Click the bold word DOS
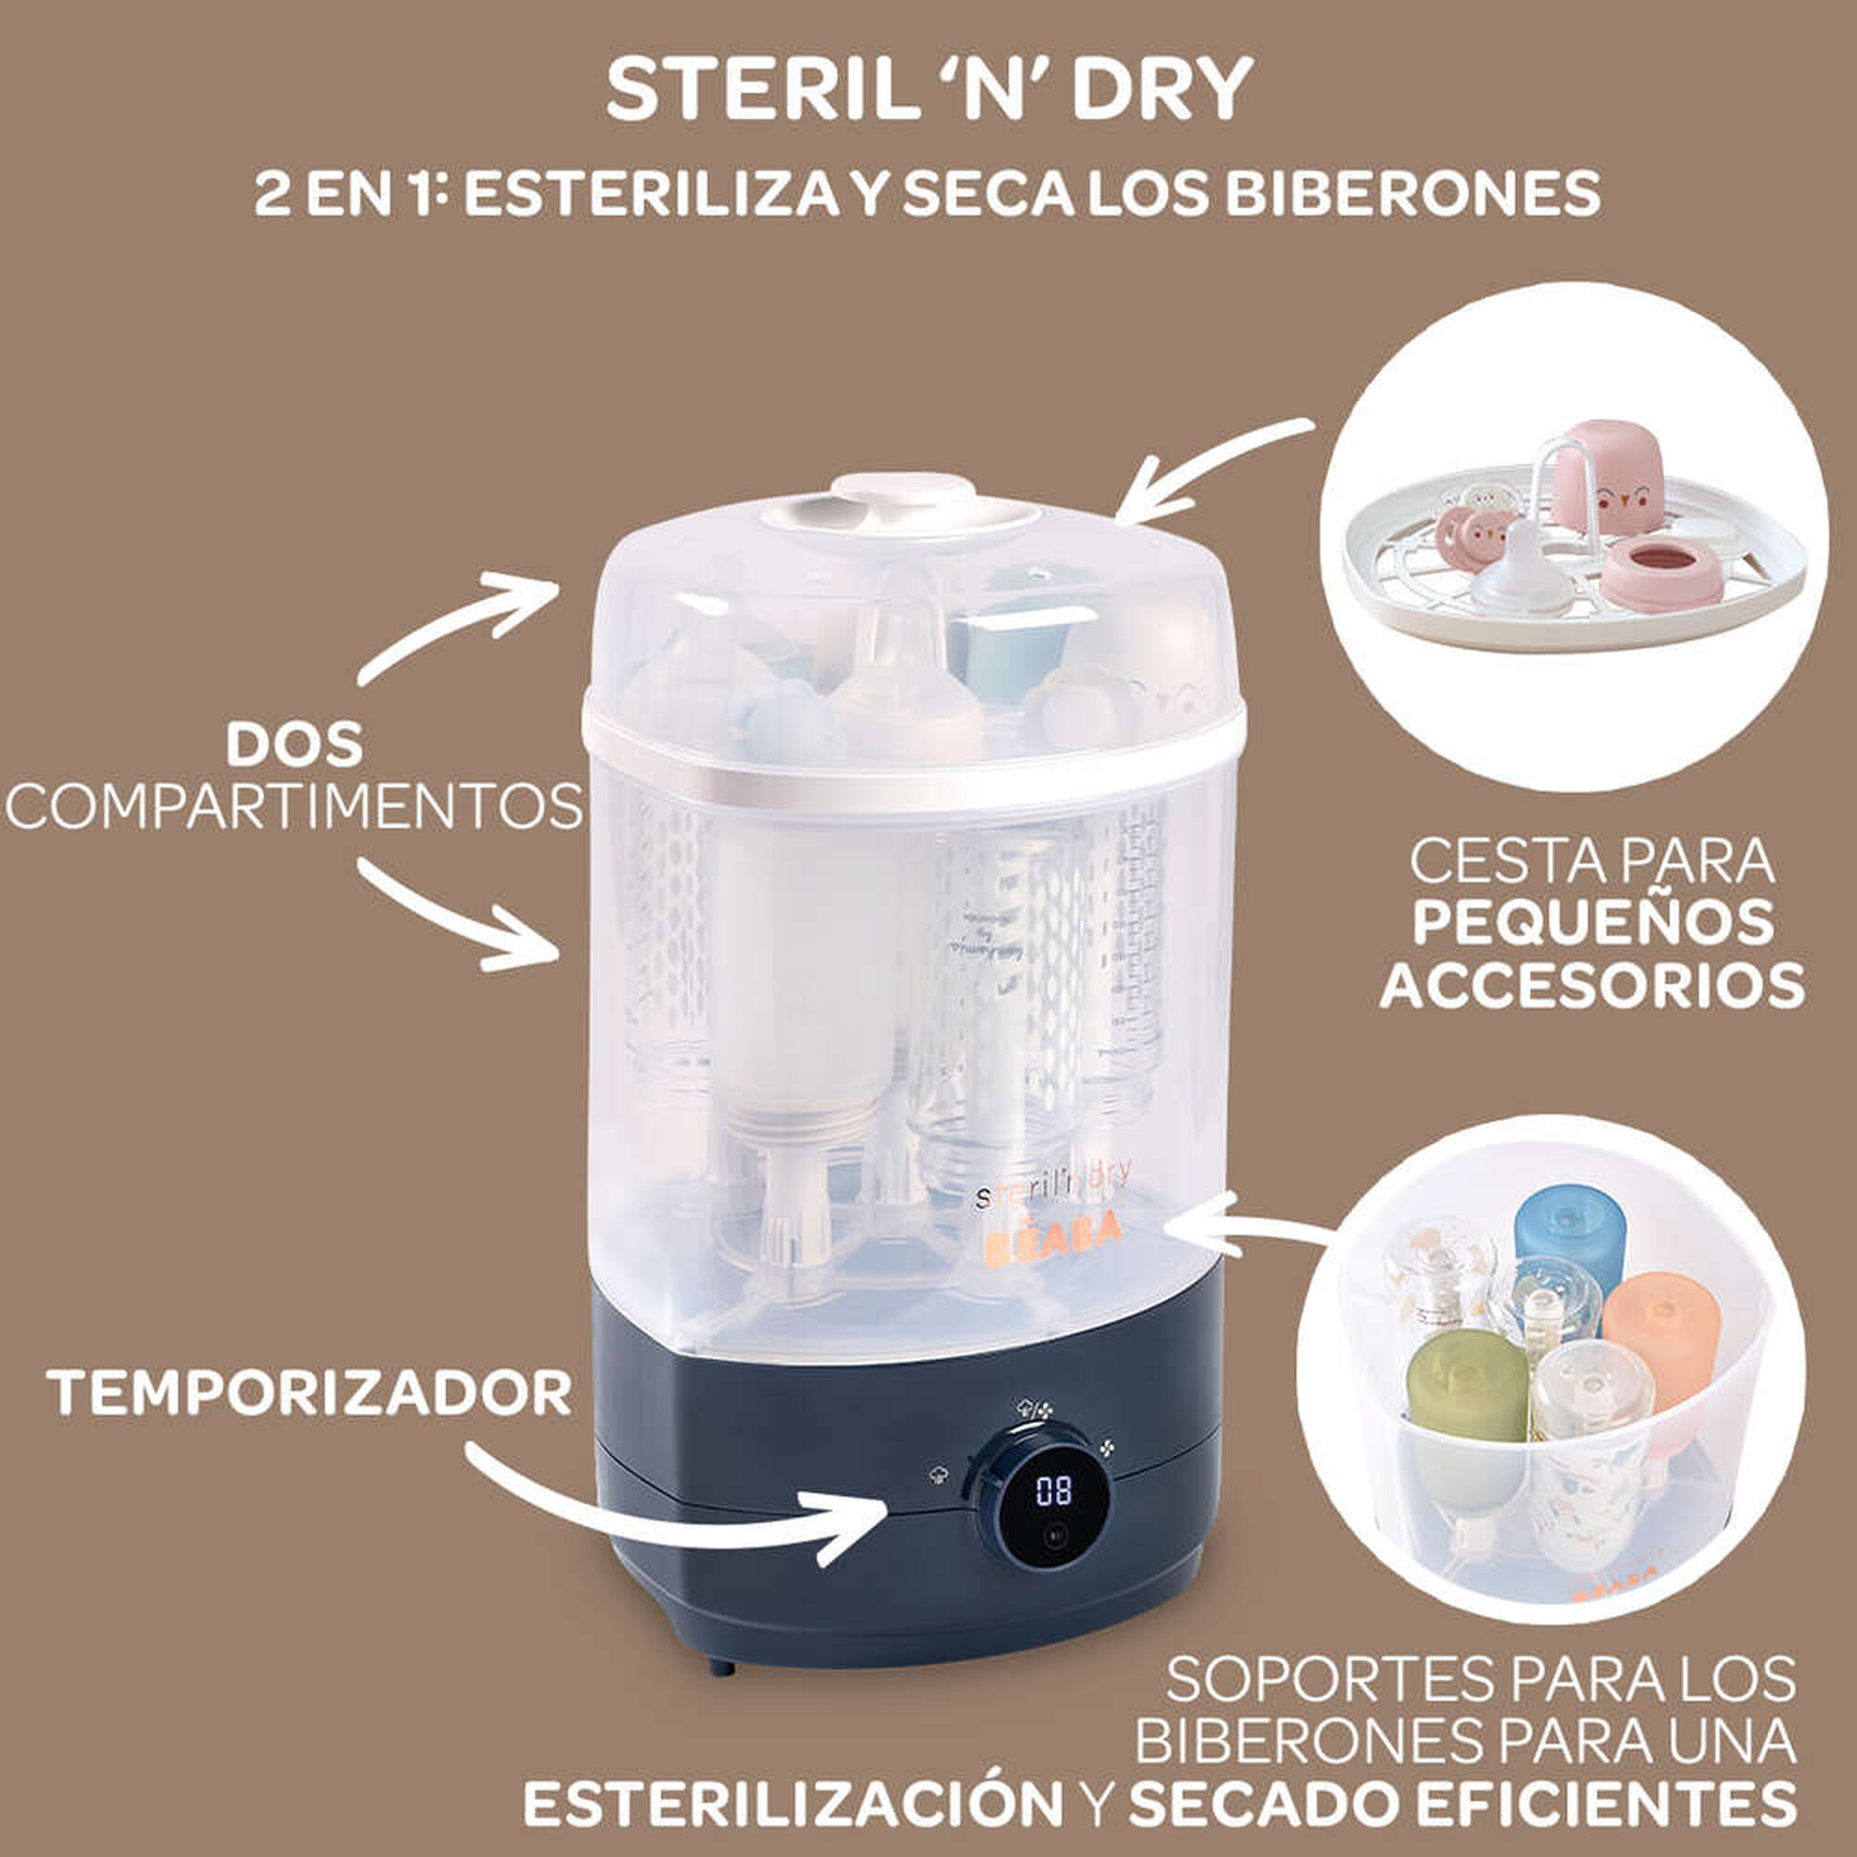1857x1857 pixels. tap(294, 745)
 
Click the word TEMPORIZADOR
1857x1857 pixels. tap(309, 1393)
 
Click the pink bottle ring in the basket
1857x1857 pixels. tap(1661, 573)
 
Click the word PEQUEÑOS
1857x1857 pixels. tap(1592, 922)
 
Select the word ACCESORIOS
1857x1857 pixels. tap(1592, 985)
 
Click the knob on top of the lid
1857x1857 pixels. tap(902, 495)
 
